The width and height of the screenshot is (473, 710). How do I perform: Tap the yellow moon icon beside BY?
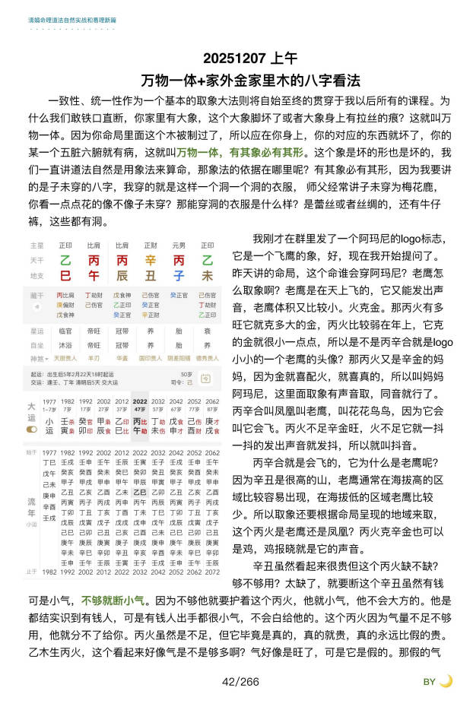[x=446, y=681]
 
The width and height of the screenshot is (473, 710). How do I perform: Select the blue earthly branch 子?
[x=178, y=275]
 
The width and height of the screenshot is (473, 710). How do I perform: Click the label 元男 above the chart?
[x=178, y=246]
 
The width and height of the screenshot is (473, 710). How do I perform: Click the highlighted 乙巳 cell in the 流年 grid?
[x=140, y=492]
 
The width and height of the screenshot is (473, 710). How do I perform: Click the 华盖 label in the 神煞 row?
[x=121, y=357]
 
